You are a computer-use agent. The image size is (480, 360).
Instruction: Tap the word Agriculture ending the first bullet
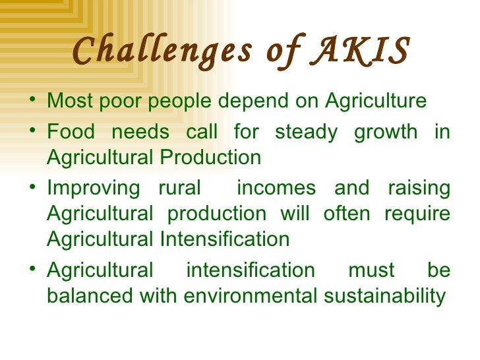coord(375,102)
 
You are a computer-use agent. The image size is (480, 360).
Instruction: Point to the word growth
coord(386,132)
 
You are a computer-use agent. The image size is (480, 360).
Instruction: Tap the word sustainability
coord(385,297)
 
